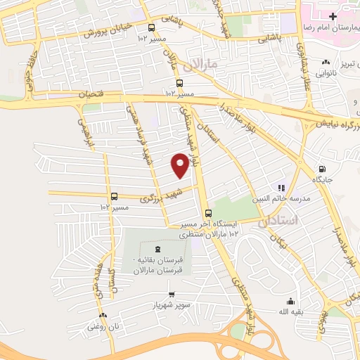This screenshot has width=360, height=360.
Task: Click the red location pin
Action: [x=180, y=165]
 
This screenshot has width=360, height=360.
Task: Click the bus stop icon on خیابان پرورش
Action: [x=152, y=27]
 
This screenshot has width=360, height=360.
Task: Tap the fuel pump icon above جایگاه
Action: [x=322, y=169]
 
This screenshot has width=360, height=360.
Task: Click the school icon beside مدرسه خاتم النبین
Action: [x=281, y=188]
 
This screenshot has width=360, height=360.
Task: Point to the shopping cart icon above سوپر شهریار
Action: [x=172, y=294]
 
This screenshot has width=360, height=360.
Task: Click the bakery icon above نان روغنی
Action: [x=103, y=315]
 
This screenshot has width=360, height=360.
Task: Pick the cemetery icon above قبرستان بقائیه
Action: [x=157, y=248]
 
